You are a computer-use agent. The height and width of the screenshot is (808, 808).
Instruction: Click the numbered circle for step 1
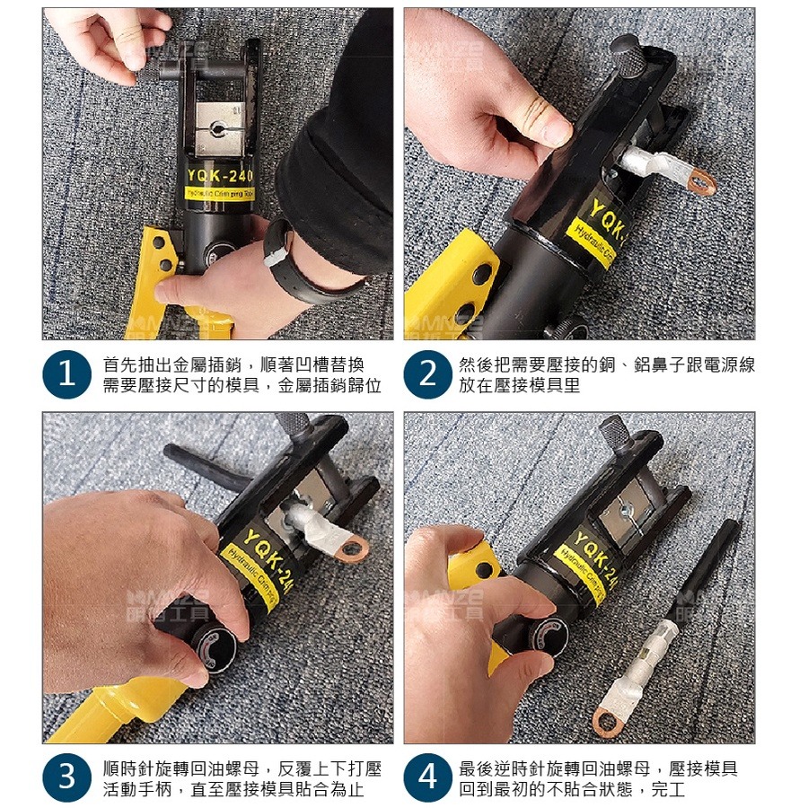(x=67, y=375)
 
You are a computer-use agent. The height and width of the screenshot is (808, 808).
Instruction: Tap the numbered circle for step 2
(x=428, y=375)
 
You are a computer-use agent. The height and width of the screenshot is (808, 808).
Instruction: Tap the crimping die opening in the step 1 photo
(x=216, y=131)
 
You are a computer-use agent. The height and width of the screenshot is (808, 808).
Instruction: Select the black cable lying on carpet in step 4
(x=709, y=570)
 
